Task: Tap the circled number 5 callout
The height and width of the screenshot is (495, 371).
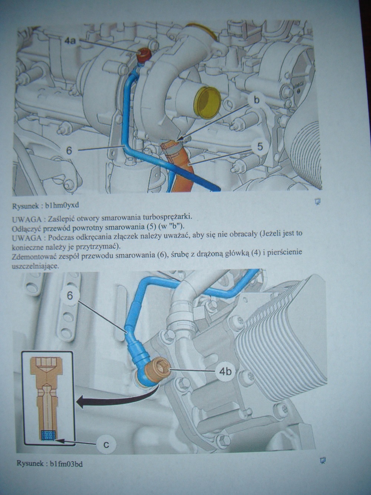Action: pos(260,147)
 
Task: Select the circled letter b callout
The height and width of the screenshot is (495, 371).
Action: pos(256,100)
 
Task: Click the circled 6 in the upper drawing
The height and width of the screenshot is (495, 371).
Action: pos(69,150)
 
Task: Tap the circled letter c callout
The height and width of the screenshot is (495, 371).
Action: pos(106,444)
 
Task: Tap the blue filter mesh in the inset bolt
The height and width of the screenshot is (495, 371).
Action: pos(47,435)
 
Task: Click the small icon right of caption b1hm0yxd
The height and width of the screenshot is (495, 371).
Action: pos(318,202)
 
